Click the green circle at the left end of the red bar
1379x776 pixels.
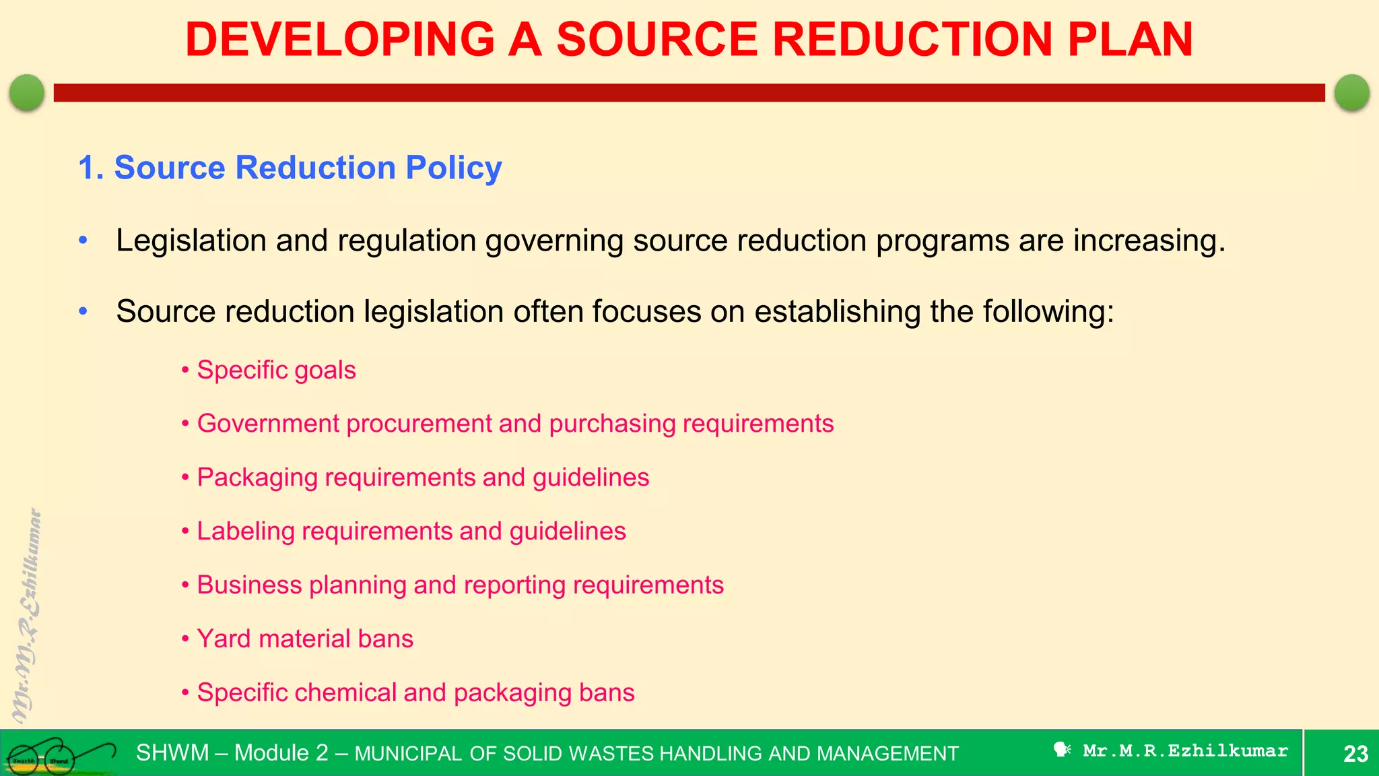(x=27, y=92)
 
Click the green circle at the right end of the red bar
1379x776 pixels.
(x=1352, y=92)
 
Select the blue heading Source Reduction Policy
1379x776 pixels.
(x=290, y=167)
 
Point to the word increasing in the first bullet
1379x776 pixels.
(x=1149, y=240)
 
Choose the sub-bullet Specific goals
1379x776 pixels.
(x=276, y=370)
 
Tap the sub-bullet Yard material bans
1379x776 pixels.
(x=305, y=639)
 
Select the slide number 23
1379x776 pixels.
(x=1355, y=753)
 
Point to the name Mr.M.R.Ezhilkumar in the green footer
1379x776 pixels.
(x=1185, y=750)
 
